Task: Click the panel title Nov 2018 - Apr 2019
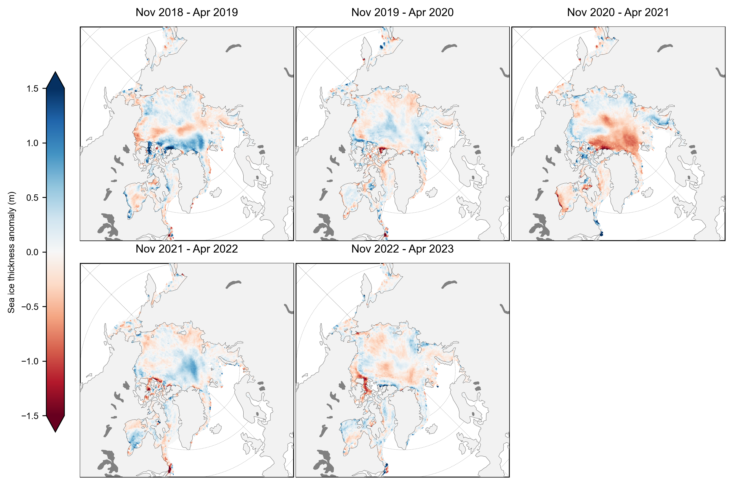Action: pyautogui.click(x=187, y=12)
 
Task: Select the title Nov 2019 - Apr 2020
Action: pyautogui.click(x=402, y=12)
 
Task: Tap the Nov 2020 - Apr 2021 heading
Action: pyautogui.click(x=618, y=12)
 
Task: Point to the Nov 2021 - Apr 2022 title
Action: pyautogui.click(x=187, y=249)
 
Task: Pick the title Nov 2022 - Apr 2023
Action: pyautogui.click(x=402, y=249)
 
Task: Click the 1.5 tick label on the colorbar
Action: pyautogui.click(x=32, y=89)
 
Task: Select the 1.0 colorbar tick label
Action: pyautogui.click(x=32, y=143)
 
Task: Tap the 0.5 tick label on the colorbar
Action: pyautogui.click(x=32, y=198)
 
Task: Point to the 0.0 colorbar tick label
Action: pyautogui.click(x=32, y=252)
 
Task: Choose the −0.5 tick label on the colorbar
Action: pyautogui.click(x=30, y=307)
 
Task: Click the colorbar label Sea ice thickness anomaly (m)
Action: pyautogui.click(x=12, y=252)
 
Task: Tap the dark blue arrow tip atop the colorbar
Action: pyautogui.click(x=55, y=80)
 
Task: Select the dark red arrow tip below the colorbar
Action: pyautogui.click(x=55, y=424)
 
